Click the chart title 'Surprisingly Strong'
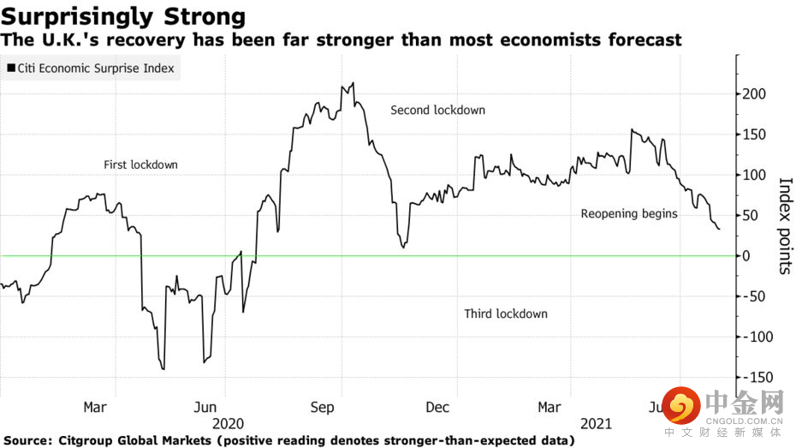click(x=124, y=16)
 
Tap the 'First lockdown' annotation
click(x=140, y=164)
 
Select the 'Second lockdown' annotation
click(x=437, y=110)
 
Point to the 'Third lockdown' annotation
click(x=505, y=314)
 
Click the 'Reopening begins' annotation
click(x=629, y=213)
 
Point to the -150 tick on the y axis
click(x=757, y=377)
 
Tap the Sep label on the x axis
click(x=322, y=408)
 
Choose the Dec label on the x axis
click(x=438, y=408)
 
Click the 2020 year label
click(x=227, y=424)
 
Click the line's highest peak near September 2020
click(x=353, y=83)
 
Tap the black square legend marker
click(x=11, y=67)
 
